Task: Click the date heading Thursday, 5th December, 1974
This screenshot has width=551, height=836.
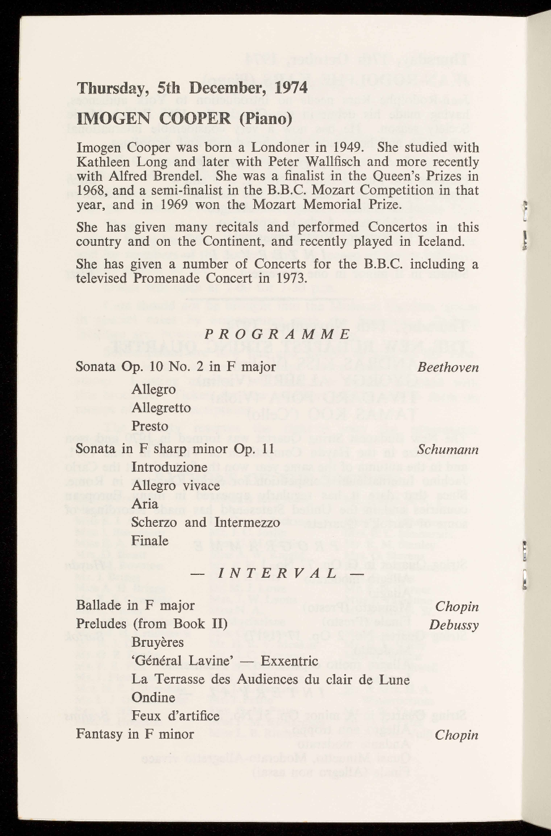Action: click(x=192, y=88)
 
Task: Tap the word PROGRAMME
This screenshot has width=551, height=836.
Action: click(x=277, y=334)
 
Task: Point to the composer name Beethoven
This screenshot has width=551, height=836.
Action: click(x=448, y=367)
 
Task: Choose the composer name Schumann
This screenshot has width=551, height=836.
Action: click(x=448, y=450)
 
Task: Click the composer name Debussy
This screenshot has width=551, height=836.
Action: click(x=454, y=625)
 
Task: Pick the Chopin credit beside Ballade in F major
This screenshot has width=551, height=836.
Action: click(x=456, y=607)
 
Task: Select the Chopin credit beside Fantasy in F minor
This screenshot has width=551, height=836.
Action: click(x=456, y=735)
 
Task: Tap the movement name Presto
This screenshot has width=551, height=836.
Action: click(x=150, y=426)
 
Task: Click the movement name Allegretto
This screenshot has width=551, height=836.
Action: click(x=161, y=408)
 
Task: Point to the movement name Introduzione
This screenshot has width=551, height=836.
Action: click(x=169, y=468)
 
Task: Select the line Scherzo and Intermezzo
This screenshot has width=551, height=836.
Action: click(x=206, y=522)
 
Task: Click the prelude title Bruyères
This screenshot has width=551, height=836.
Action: click(x=157, y=643)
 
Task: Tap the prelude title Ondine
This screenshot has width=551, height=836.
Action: click(x=153, y=697)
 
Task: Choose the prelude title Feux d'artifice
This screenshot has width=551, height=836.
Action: click(x=175, y=716)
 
